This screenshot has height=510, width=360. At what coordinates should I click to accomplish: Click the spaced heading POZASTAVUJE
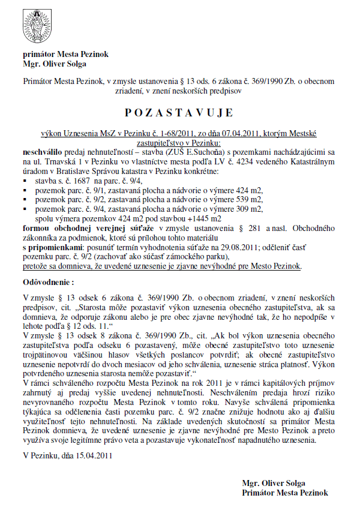pos(178,113)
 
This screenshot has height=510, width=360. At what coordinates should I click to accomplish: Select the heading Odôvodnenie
pos(48,281)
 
